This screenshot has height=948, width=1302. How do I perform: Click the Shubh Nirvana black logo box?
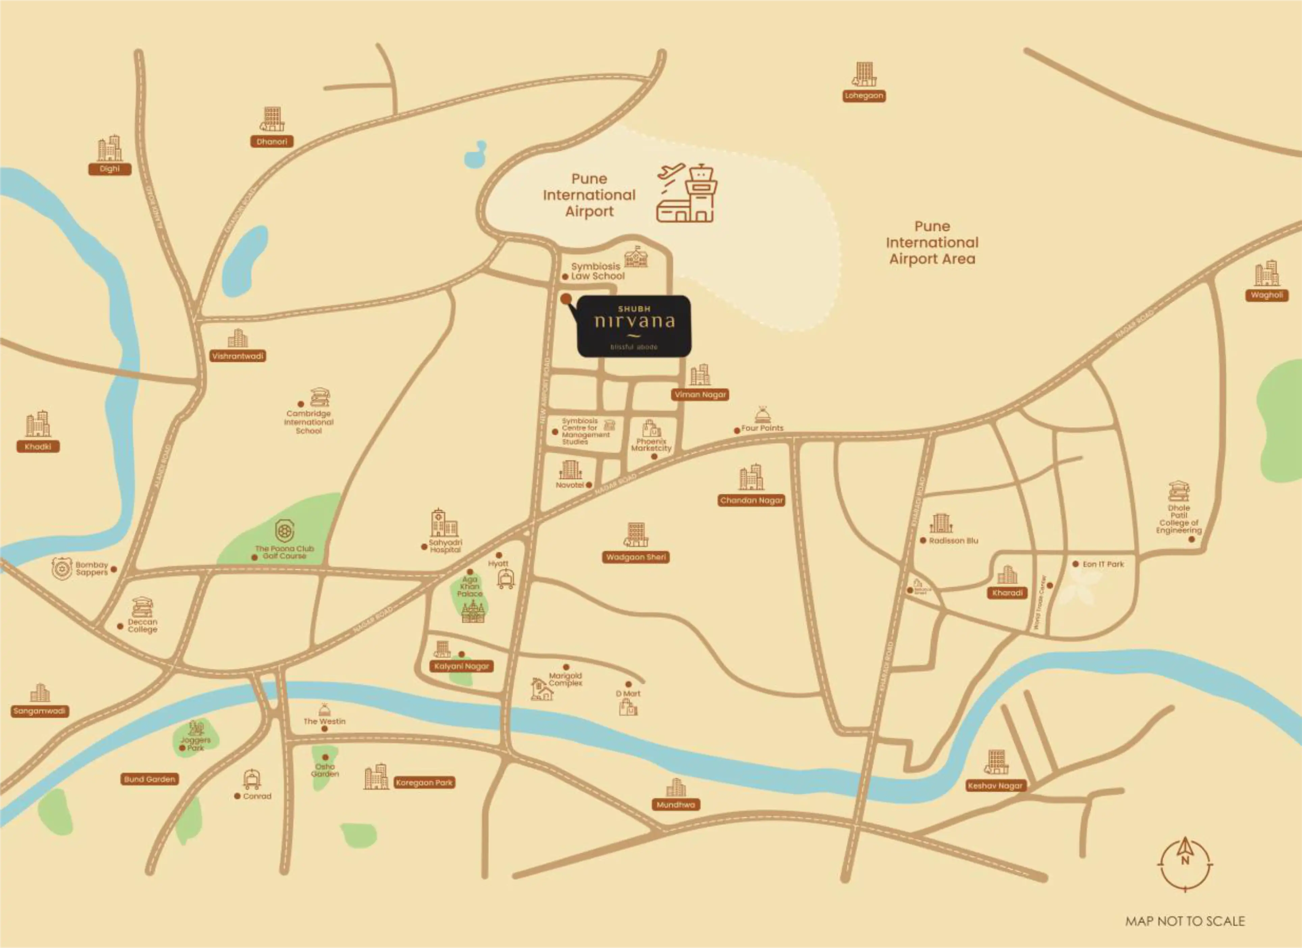[634, 326]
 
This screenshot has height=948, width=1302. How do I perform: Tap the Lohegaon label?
[863, 96]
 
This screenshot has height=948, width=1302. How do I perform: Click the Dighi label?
[110, 169]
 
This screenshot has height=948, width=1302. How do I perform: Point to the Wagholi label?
[1267, 295]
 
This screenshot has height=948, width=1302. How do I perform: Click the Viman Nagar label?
[700, 395]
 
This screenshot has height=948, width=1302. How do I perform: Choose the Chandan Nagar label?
[751, 500]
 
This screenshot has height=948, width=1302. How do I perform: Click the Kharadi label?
[1008, 593]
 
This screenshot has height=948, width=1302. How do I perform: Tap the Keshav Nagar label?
[995, 786]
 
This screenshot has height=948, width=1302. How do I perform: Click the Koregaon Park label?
[424, 783]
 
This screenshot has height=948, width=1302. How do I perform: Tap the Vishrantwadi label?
[238, 356]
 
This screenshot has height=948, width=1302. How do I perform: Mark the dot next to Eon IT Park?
[1075, 564]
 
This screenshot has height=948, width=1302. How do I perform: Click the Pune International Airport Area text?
[932, 243]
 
